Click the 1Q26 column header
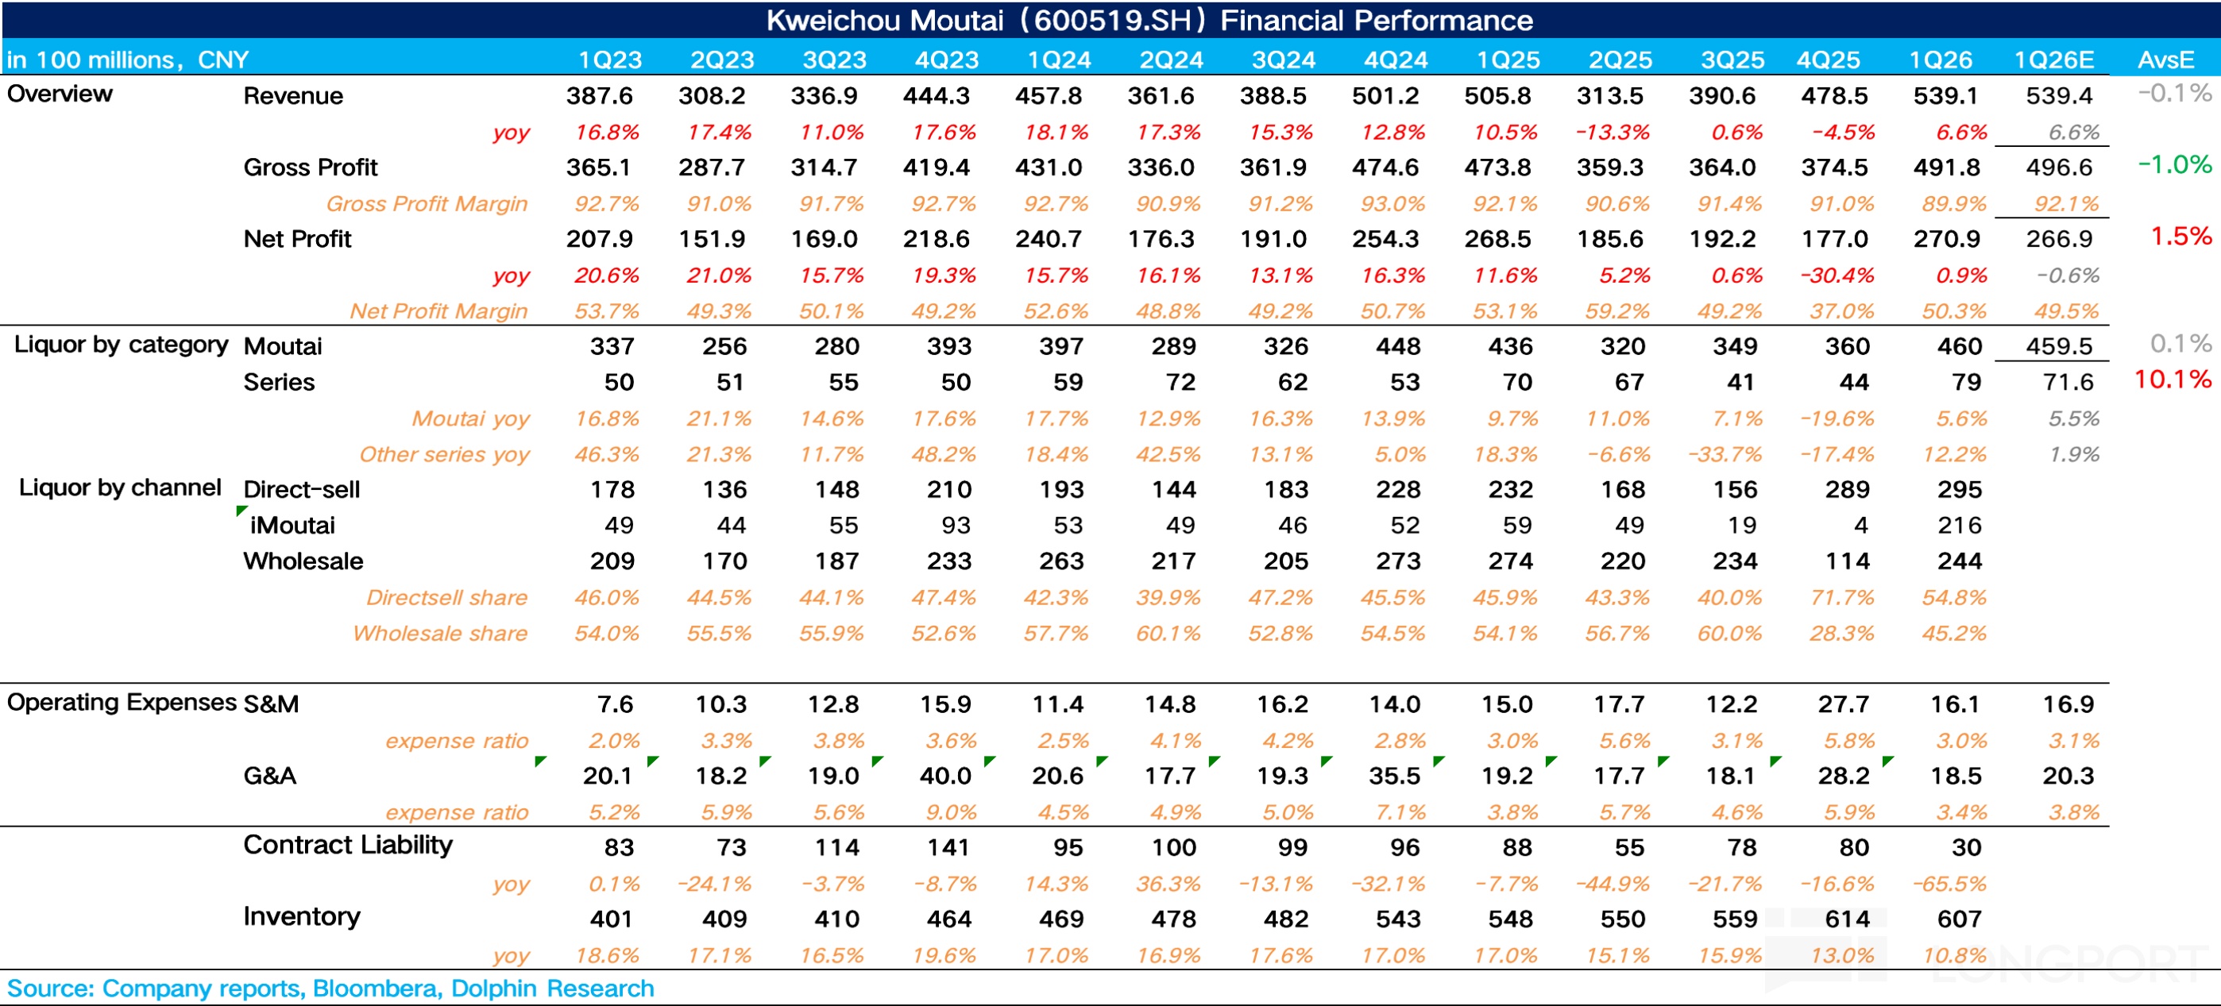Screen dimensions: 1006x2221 point(1940,60)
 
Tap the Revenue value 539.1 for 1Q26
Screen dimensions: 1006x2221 point(1946,96)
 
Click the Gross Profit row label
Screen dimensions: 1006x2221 point(311,168)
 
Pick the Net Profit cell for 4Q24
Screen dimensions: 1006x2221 point(1385,239)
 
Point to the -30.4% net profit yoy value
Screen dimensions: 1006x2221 point(1837,276)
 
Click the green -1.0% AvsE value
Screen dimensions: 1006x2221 point(2173,164)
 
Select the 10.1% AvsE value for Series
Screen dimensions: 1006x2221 point(2172,380)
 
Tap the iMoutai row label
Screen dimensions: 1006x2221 point(292,525)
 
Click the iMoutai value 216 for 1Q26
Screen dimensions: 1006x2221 point(1959,525)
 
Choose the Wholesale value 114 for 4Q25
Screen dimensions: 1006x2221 point(1847,561)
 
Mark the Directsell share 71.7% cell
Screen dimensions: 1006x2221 point(1841,597)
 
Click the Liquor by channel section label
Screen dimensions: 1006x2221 point(120,488)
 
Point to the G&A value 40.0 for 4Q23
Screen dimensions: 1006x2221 point(945,776)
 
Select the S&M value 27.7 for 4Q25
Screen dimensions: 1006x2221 point(1844,704)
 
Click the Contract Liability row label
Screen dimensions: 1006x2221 point(347,845)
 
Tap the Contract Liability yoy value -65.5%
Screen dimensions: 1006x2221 point(1954,884)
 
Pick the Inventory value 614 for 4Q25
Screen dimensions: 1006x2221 point(1847,919)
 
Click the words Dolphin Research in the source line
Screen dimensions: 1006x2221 point(552,988)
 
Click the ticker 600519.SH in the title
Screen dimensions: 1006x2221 point(1112,20)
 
